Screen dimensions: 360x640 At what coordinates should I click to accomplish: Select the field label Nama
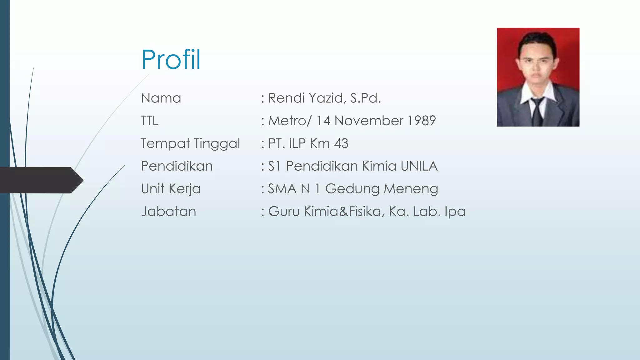coord(161,98)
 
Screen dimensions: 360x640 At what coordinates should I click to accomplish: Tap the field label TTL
coord(149,121)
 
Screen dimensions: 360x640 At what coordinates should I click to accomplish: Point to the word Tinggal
coord(217,144)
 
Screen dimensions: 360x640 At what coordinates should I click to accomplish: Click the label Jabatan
coord(168,212)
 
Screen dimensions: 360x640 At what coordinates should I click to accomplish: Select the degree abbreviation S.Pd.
coord(365,98)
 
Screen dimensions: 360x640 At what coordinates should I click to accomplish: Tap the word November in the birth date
coord(369,121)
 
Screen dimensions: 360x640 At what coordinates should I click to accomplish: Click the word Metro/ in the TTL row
coord(290,121)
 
